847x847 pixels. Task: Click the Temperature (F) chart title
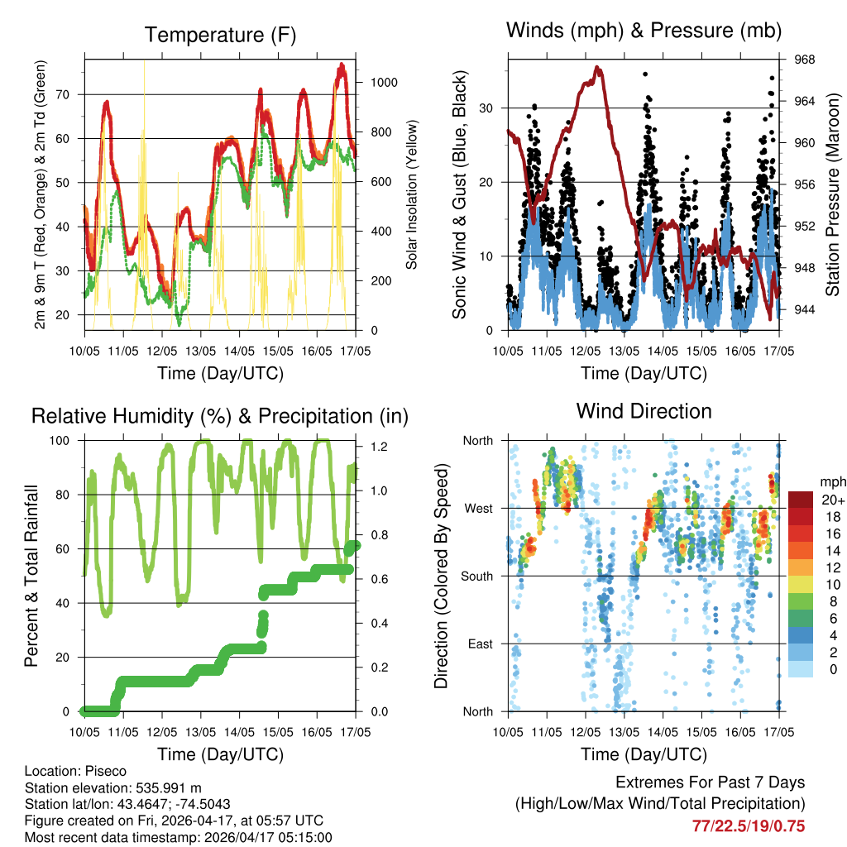(220, 35)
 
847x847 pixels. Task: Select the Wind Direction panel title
(644, 411)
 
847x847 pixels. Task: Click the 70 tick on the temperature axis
(68, 94)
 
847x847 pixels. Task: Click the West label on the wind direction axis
(477, 508)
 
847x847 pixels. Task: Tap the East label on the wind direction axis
(479, 644)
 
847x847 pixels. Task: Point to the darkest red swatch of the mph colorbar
(800, 500)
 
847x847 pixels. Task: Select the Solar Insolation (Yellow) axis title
(411, 195)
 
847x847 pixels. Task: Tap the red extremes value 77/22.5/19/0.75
(748, 825)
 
